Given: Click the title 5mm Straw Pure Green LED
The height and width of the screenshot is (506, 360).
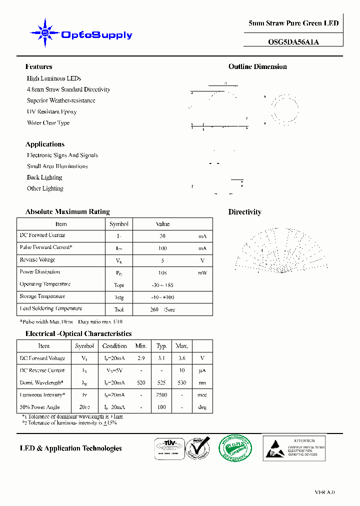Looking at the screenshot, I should tap(293, 23).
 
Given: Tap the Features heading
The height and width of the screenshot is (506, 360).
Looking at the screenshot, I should tap(38, 66).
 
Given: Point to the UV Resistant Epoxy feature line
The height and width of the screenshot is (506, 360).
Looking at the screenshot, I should tap(51, 111).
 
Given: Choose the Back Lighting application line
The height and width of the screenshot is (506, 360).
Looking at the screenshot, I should tap(44, 177).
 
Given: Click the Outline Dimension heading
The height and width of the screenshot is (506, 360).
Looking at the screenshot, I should tap(257, 66).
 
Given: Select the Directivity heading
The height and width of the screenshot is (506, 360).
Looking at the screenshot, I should tap(244, 212).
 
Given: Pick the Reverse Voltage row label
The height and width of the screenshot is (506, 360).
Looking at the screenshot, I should tap(37, 260).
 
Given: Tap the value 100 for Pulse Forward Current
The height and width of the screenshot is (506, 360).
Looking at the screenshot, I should tap(162, 248).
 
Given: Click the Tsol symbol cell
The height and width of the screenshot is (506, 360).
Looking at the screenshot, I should tap(118, 309).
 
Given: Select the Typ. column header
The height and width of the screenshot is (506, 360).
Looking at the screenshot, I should tap(161, 346).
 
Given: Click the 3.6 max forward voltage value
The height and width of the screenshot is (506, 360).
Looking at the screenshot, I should tap(181, 358).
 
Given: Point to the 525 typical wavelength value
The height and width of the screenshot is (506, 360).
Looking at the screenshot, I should tap(161, 383).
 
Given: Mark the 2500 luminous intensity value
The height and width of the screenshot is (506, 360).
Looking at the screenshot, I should tap(161, 395).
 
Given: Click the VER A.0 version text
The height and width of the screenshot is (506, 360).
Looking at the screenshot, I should tap(324, 492).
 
